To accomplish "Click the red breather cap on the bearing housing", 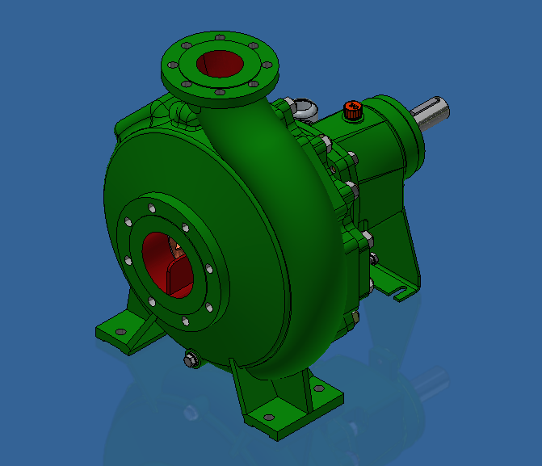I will pos(352,110).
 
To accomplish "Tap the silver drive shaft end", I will pos(432,113).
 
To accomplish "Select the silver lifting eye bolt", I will pos(304,107).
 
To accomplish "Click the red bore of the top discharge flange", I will pos(219,64).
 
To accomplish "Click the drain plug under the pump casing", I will pos(191,359).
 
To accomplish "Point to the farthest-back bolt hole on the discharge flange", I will pos(220,38).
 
